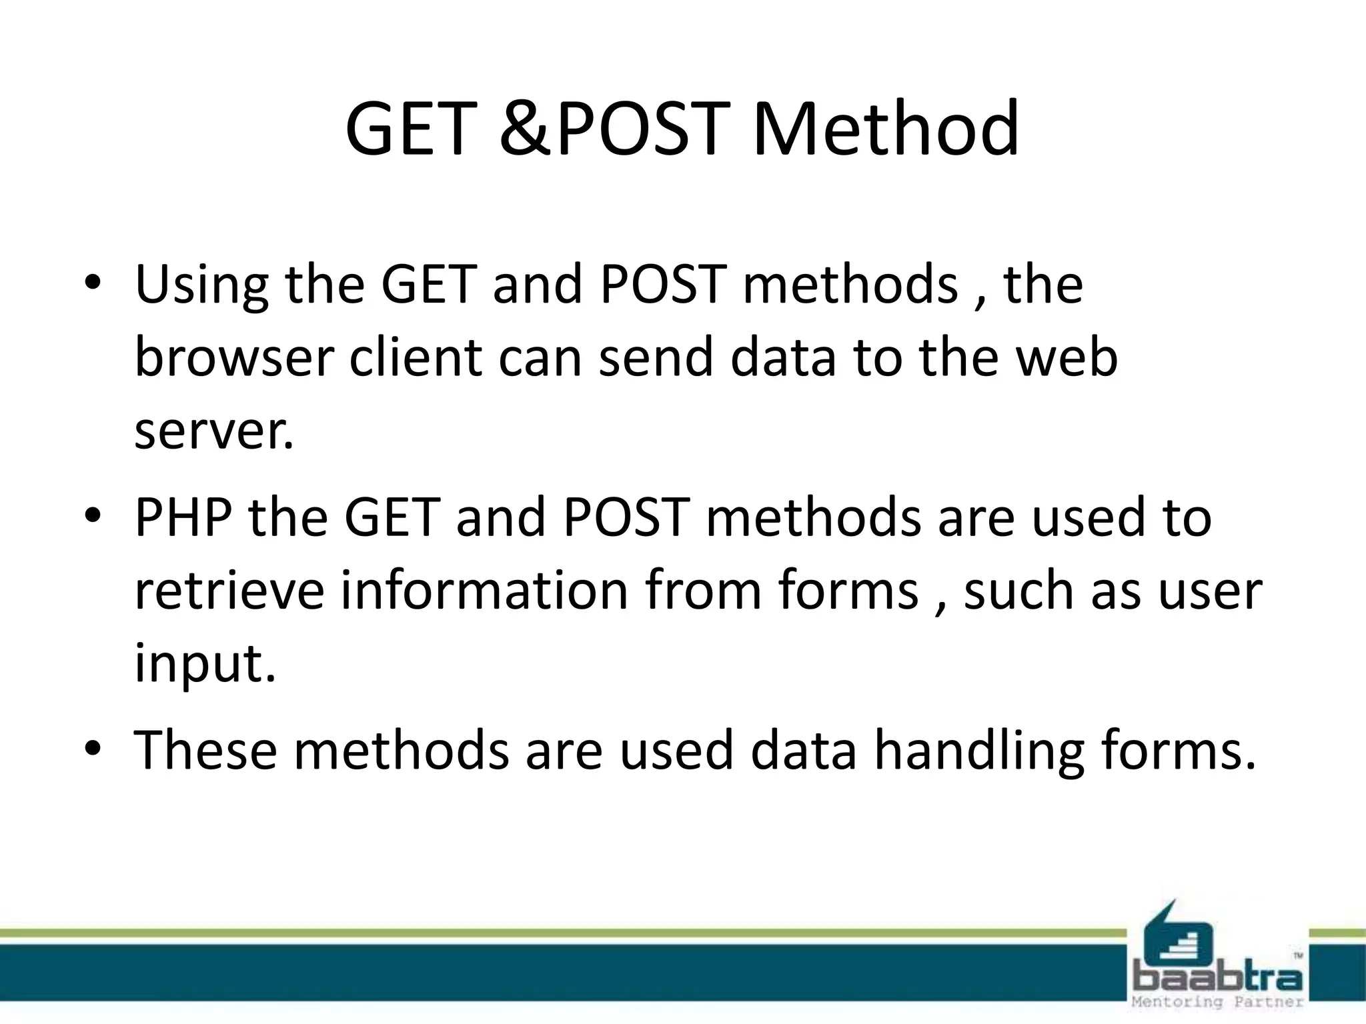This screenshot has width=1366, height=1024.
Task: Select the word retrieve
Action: coord(229,591)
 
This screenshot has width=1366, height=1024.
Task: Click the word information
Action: coord(484,591)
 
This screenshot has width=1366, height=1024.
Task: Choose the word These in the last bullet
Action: coord(205,751)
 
